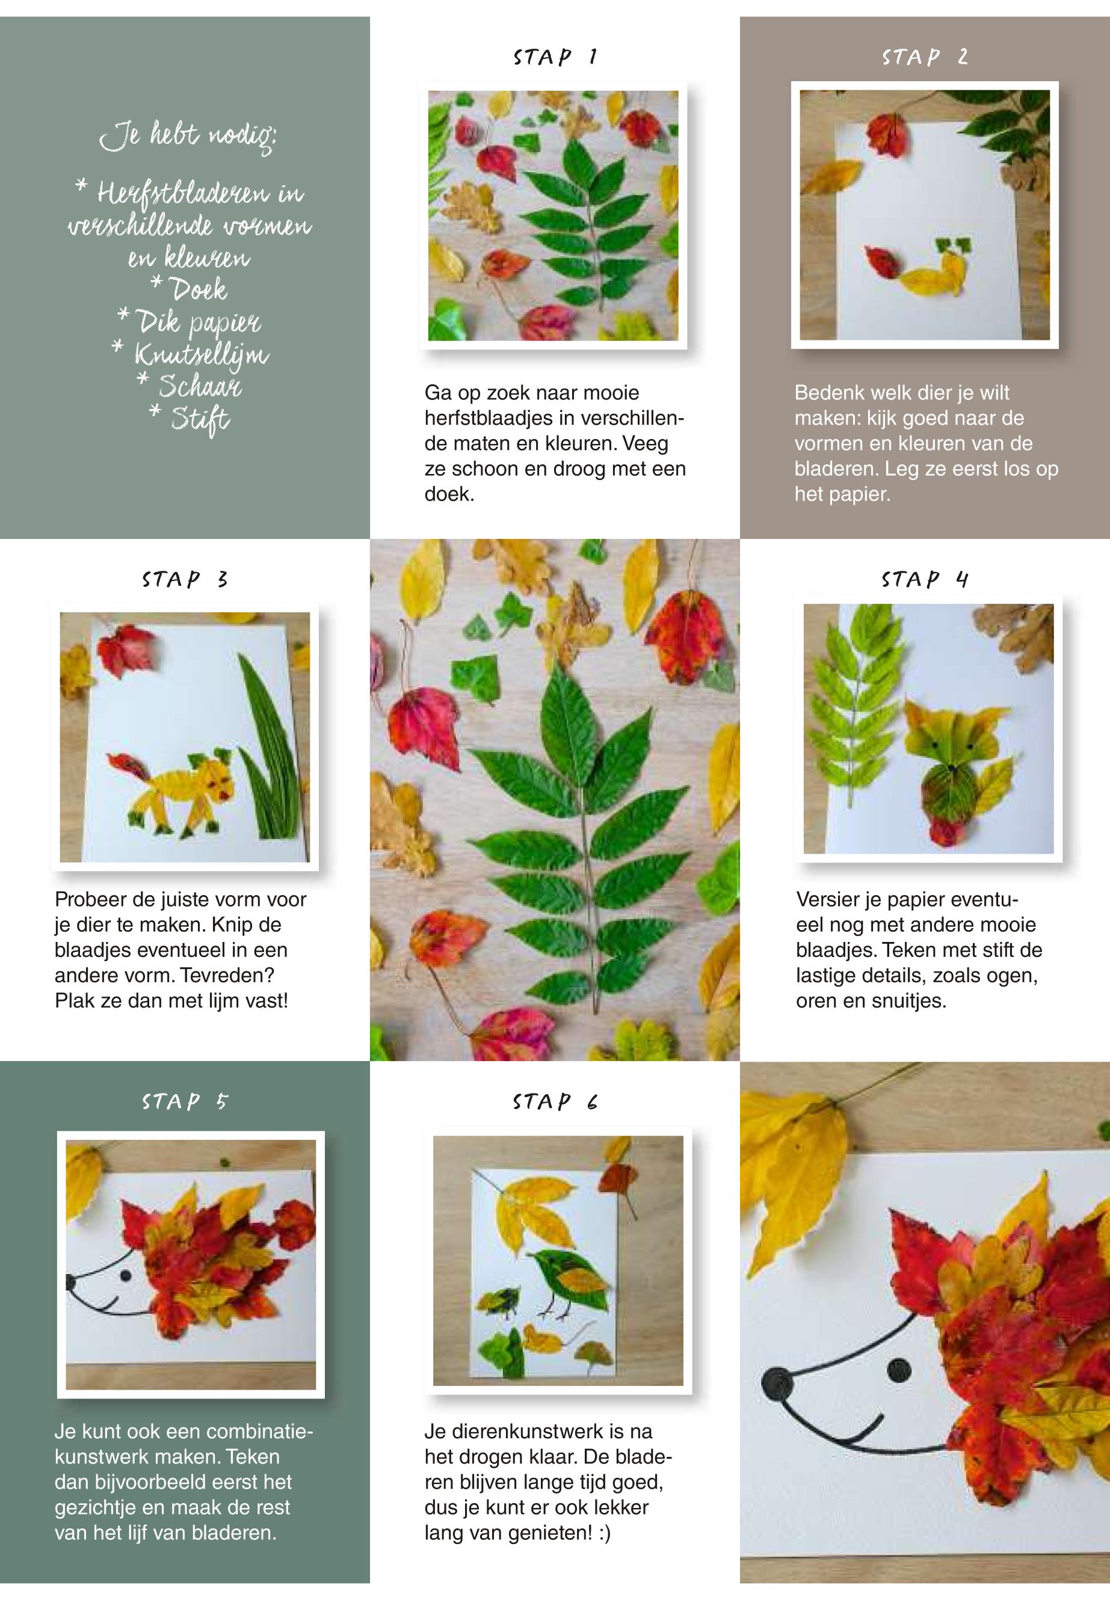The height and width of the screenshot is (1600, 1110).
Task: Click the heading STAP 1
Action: pos(555,57)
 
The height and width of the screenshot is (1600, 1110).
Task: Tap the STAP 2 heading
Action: pos(925,57)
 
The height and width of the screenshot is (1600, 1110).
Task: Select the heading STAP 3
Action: pos(185,579)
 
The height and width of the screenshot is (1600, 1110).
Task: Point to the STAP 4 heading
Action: pos(925,579)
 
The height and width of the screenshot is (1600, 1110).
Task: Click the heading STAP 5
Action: pos(185,1101)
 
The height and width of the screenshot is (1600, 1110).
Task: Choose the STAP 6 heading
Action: pos(555,1101)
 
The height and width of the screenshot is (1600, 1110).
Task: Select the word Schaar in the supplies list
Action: pos(200,384)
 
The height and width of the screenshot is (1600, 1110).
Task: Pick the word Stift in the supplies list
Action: pos(200,419)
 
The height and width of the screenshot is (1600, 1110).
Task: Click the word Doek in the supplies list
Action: pos(199,289)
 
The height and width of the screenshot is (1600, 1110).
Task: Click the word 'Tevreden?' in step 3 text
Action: pos(227,975)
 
